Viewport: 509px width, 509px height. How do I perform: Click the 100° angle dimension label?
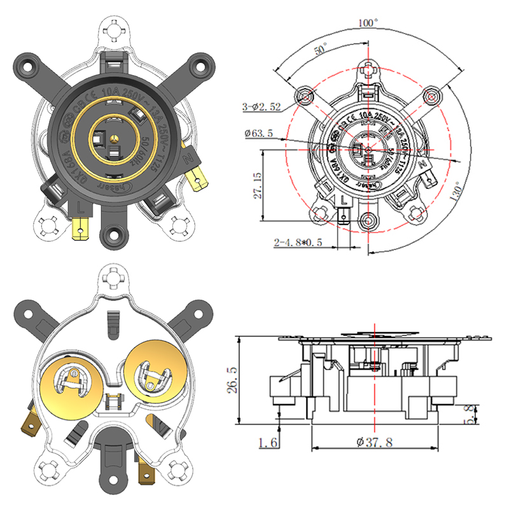point(368,22)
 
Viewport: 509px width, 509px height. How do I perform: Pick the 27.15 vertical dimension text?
point(258,185)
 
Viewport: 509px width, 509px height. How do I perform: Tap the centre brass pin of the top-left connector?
point(113,137)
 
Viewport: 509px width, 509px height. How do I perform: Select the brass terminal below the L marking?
point(81,228)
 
